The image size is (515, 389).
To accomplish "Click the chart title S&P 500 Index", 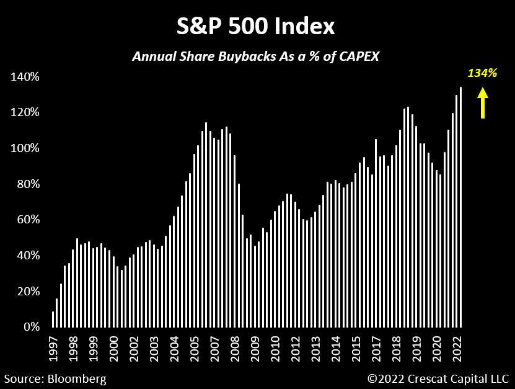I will click(x=255, y=27).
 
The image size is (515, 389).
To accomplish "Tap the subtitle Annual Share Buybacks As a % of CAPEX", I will click(x=255, y=56).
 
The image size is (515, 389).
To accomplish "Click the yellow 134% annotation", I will click(x=482, y=73).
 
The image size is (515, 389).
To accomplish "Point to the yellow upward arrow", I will click(x=482, y=102).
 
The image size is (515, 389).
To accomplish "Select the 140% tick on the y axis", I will click(x=24, y=77).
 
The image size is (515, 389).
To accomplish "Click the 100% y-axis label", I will click(x=24, y=148).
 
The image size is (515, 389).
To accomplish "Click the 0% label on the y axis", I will click(x=29, y=327).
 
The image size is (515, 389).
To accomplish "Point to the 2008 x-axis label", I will click(x=235, y=349).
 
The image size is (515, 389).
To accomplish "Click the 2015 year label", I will click(x=357, y=349).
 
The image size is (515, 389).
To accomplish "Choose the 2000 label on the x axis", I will click(x=114, y=349).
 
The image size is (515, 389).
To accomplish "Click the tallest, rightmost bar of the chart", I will click(x=460, y=208).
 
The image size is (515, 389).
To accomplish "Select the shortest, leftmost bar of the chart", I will click(x=53, y=320).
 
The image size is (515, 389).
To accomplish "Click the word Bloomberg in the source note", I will click(x=77, y=378).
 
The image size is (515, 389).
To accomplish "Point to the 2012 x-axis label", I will click(x=296, y=349).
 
